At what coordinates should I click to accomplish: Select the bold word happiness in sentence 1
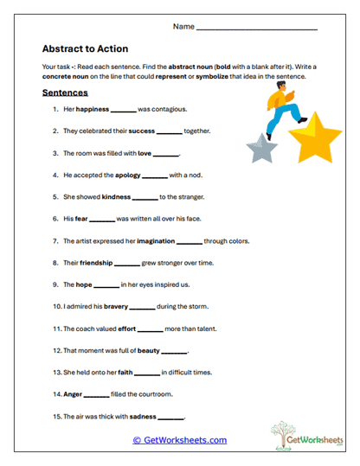click(92, 110)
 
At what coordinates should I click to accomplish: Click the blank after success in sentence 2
click(170, 132)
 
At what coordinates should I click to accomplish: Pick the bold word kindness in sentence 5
click(115, 197)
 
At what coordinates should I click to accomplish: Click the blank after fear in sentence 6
click(101, 220)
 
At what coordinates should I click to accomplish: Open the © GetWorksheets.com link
click(179, 440)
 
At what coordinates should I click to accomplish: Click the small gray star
click(261, 148)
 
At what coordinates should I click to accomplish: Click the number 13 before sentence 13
click(55, 373)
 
